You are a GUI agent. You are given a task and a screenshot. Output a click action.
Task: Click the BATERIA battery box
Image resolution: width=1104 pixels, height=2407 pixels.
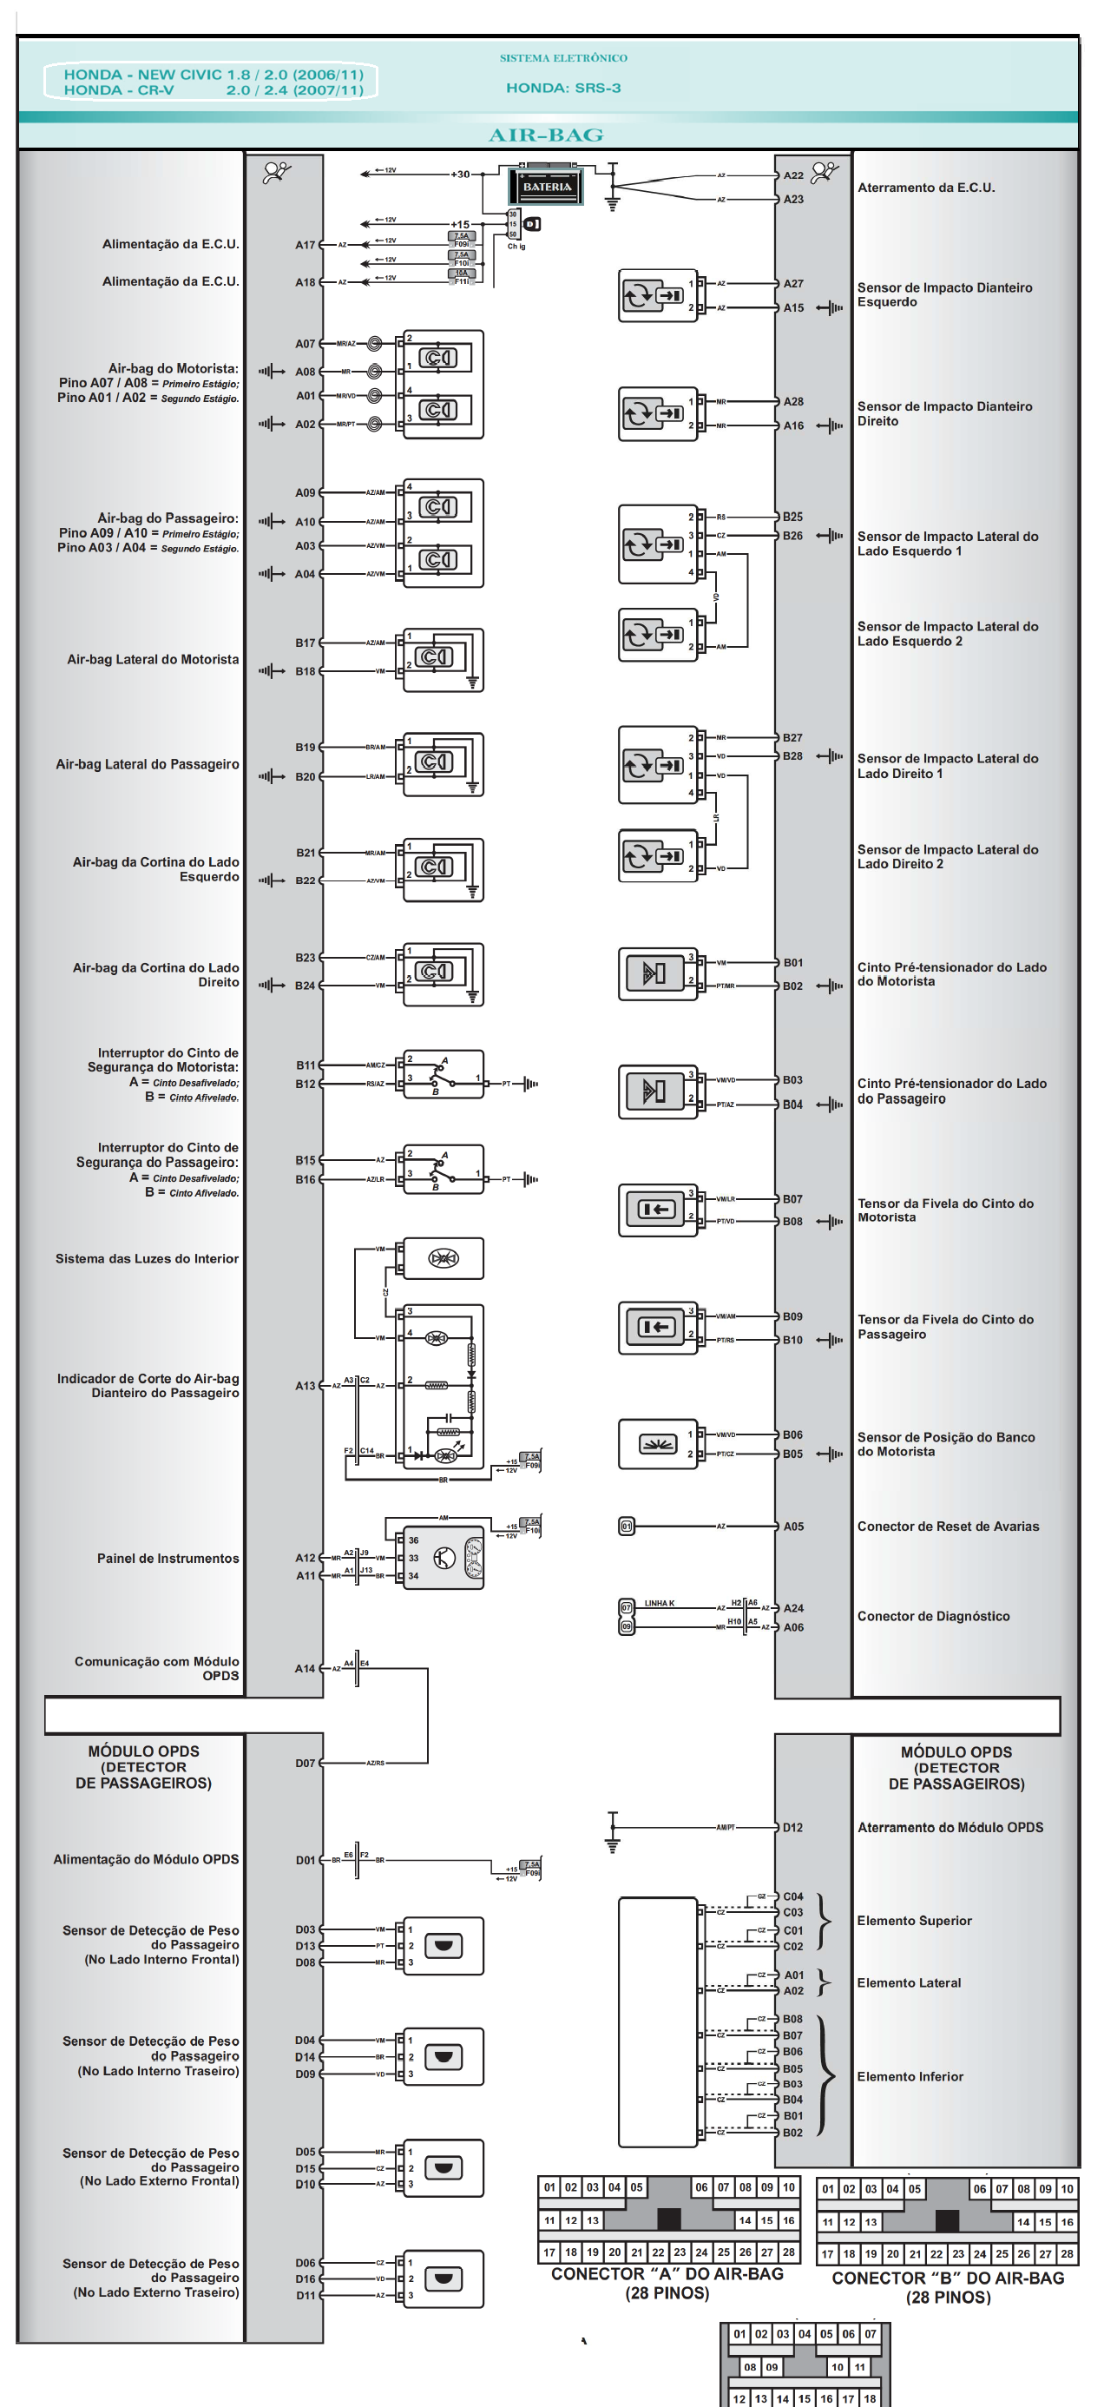(547, 186)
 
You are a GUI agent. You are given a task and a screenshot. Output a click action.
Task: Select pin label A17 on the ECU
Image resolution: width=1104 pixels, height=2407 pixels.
(306, 245)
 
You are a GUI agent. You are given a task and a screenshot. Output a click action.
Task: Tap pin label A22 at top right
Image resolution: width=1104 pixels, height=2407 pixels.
(793, 175)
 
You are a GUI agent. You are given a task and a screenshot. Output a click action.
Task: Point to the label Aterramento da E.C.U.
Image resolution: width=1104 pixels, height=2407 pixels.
(925, 188)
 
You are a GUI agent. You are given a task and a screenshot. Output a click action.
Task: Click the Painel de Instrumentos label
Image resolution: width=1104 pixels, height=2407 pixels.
(168, 1558)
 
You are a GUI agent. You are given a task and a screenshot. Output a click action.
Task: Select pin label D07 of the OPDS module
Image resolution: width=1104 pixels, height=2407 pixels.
(306, 1763)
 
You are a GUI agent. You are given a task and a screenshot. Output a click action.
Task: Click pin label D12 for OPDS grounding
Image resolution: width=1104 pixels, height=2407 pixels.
(792, 1827)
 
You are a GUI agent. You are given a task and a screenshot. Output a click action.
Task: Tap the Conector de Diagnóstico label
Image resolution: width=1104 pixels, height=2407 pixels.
(933, 1616)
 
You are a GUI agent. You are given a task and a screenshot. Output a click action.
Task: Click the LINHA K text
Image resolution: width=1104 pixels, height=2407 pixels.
(659, 1602)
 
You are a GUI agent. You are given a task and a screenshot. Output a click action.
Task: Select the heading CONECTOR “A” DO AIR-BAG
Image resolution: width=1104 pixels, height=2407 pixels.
(667, 2273)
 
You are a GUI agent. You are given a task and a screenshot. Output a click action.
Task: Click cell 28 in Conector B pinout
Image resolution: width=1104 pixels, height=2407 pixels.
(1067, 2252)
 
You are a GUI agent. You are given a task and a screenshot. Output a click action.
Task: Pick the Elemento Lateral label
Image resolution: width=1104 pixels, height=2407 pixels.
(908, 1982)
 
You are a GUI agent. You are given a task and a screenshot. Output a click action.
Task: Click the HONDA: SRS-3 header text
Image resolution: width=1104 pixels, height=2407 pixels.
(563, 88)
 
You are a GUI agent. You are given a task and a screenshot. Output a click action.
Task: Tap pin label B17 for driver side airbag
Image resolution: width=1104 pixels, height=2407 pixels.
(306, 643)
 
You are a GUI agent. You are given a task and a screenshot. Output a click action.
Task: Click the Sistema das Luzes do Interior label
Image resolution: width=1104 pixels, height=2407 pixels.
(147, 1258)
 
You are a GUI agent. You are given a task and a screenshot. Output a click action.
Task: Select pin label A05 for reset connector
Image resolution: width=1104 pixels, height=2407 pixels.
(793, 1526)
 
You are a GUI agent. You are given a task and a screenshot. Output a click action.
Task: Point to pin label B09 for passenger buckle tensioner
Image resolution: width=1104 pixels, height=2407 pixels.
(792, 1316)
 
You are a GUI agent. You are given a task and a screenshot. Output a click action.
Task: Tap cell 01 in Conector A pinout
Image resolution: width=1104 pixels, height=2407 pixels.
(549, 2186)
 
